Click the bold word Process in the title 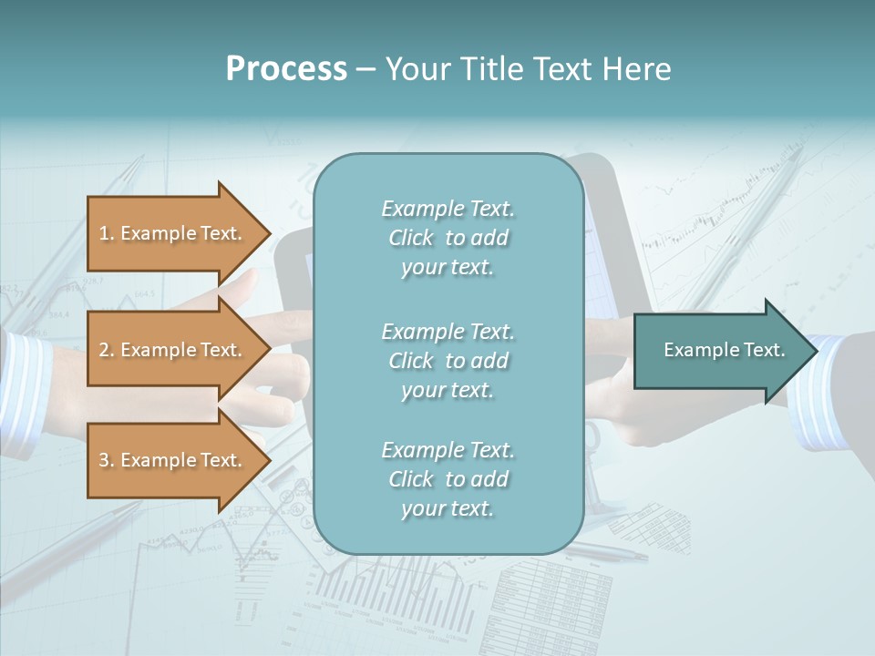click(286, 69)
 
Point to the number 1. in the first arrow click(107, 233)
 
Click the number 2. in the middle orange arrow click(107, 350)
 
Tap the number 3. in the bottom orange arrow click(107, 460)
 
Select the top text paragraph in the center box click(448, 238)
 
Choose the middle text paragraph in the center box click(448, 361)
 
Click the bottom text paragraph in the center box click(448, 479)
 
